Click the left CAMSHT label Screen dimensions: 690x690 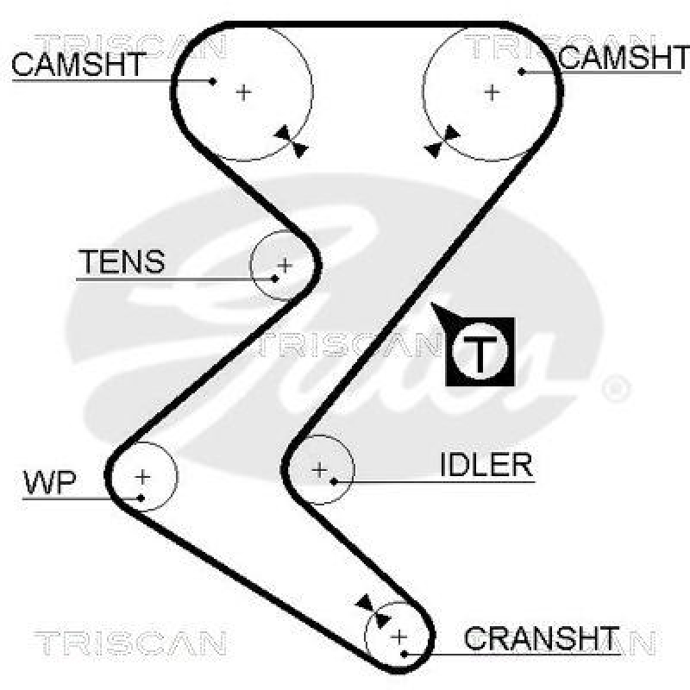[x=79, y=65]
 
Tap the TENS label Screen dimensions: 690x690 [x=122, y=261]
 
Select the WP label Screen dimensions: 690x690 [x=49, y=483]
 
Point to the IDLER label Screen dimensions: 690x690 [x=486, y=466]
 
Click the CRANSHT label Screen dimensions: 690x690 [x=542, y=639]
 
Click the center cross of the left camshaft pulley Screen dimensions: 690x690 [x=244, y=91]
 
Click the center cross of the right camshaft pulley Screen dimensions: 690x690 [x=492, y=91]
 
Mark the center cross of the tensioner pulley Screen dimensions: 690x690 [x=284, y=264]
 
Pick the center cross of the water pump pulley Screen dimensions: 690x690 [x=142, y=475]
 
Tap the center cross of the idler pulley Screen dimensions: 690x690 [x=320, y=470]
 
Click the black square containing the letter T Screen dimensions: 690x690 [x=480, y=351]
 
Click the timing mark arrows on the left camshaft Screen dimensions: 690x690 [x=292, y=141]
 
